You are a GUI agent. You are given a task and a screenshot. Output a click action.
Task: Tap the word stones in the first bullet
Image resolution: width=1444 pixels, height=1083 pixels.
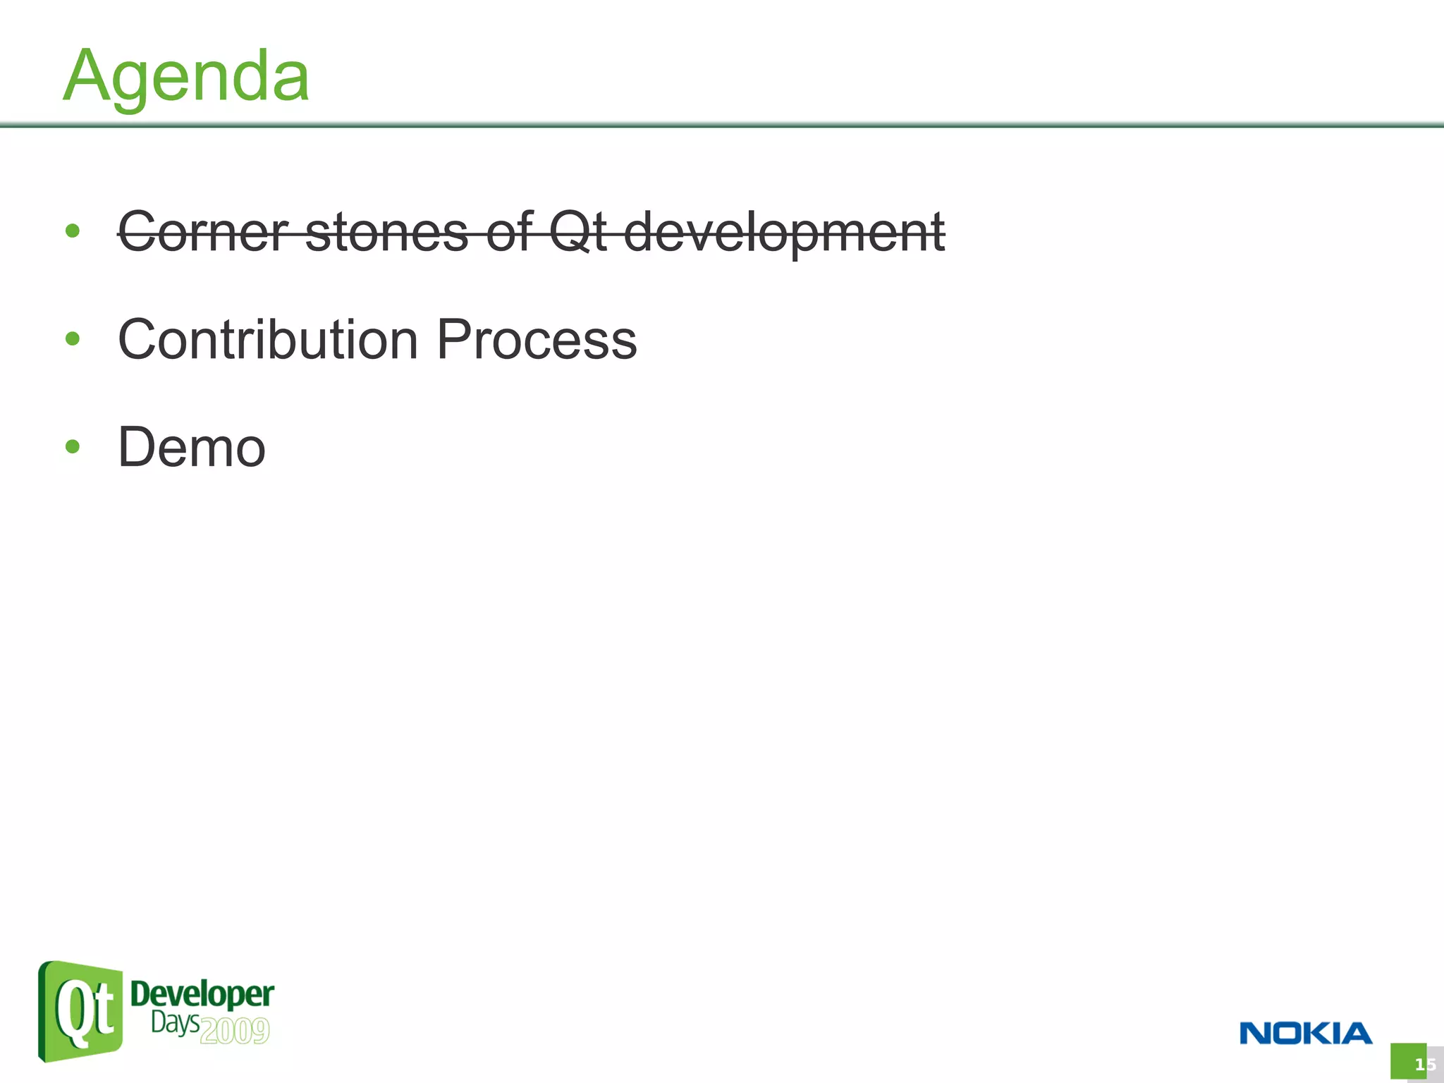click(386, 232)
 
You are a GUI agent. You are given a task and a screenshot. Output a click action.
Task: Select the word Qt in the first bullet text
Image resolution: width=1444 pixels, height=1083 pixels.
click(577, 232)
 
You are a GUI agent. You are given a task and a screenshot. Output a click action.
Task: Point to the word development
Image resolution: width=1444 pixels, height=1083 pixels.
click(784, 232)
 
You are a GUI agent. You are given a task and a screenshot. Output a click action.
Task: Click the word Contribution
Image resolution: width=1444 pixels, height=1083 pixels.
click(268, 340)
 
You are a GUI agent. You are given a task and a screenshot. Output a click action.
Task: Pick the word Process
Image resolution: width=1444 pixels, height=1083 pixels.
click(537, 340)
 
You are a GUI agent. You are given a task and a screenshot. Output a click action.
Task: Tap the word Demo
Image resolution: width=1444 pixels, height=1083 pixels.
click(192, 448)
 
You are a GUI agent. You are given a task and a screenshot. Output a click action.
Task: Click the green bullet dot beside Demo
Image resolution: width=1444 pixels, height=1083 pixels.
click(72, 446)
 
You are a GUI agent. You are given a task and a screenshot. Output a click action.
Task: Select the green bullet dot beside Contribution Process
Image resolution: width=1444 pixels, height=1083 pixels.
click(72, 339)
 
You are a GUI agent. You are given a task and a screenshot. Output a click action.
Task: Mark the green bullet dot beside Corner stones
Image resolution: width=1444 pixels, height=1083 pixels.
click(72, 231)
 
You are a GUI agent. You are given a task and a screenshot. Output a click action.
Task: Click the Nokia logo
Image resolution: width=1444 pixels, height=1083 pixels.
click(1306, 1034)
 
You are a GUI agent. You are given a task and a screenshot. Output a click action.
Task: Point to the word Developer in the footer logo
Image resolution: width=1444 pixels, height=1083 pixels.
click(202, 995)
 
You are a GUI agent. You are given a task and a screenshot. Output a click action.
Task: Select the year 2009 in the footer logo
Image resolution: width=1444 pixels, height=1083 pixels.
click(235, 1031)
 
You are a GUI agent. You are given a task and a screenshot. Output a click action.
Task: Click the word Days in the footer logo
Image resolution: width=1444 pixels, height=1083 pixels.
click(175, 1023)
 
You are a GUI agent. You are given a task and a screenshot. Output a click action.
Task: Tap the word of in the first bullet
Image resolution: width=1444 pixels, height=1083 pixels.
click(508, 232)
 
